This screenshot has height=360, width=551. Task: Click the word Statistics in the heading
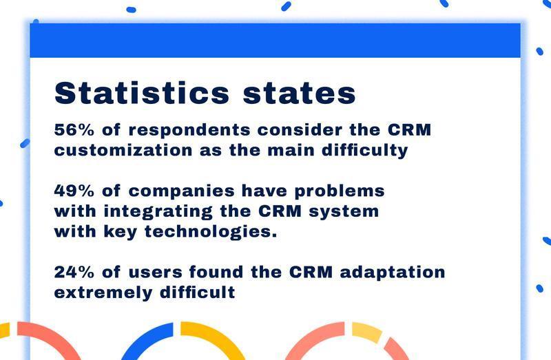pyautogui.click(x=142, y=93)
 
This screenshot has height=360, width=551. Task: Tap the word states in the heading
pyautogui.click(x=300, y=93)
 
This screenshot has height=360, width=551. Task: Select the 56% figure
pyautogui.click(x=74, y=129)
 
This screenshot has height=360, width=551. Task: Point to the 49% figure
pyautogui.click(x=74, y=191)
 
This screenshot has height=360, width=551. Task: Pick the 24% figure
pyautogui.click(x=74, y=272)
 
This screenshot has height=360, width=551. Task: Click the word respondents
pyautogui.click(x=189, y=131)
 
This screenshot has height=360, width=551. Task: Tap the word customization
pyautogui.click(x=123, y=150)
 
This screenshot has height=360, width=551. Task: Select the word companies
pyautogui.click(x=181, y=192)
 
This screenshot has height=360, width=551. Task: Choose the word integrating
pyautogui.click(x=158, y=212)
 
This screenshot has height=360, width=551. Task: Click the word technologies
pyautogui.click(x=211, y=232)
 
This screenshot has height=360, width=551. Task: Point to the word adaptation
pyautogui.click(x=393, y=273)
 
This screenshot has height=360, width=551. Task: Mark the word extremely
pyautogui.click(x=103, y=293)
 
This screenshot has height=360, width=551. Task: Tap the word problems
pyautogui.click(x=340, y=192)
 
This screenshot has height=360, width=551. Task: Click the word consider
pyautogui.click(x=300, y=129)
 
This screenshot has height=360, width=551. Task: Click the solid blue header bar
pyautogui.click(x=275, y=41)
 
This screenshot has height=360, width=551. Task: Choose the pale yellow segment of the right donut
pyautogui.click(x=367, y=332)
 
